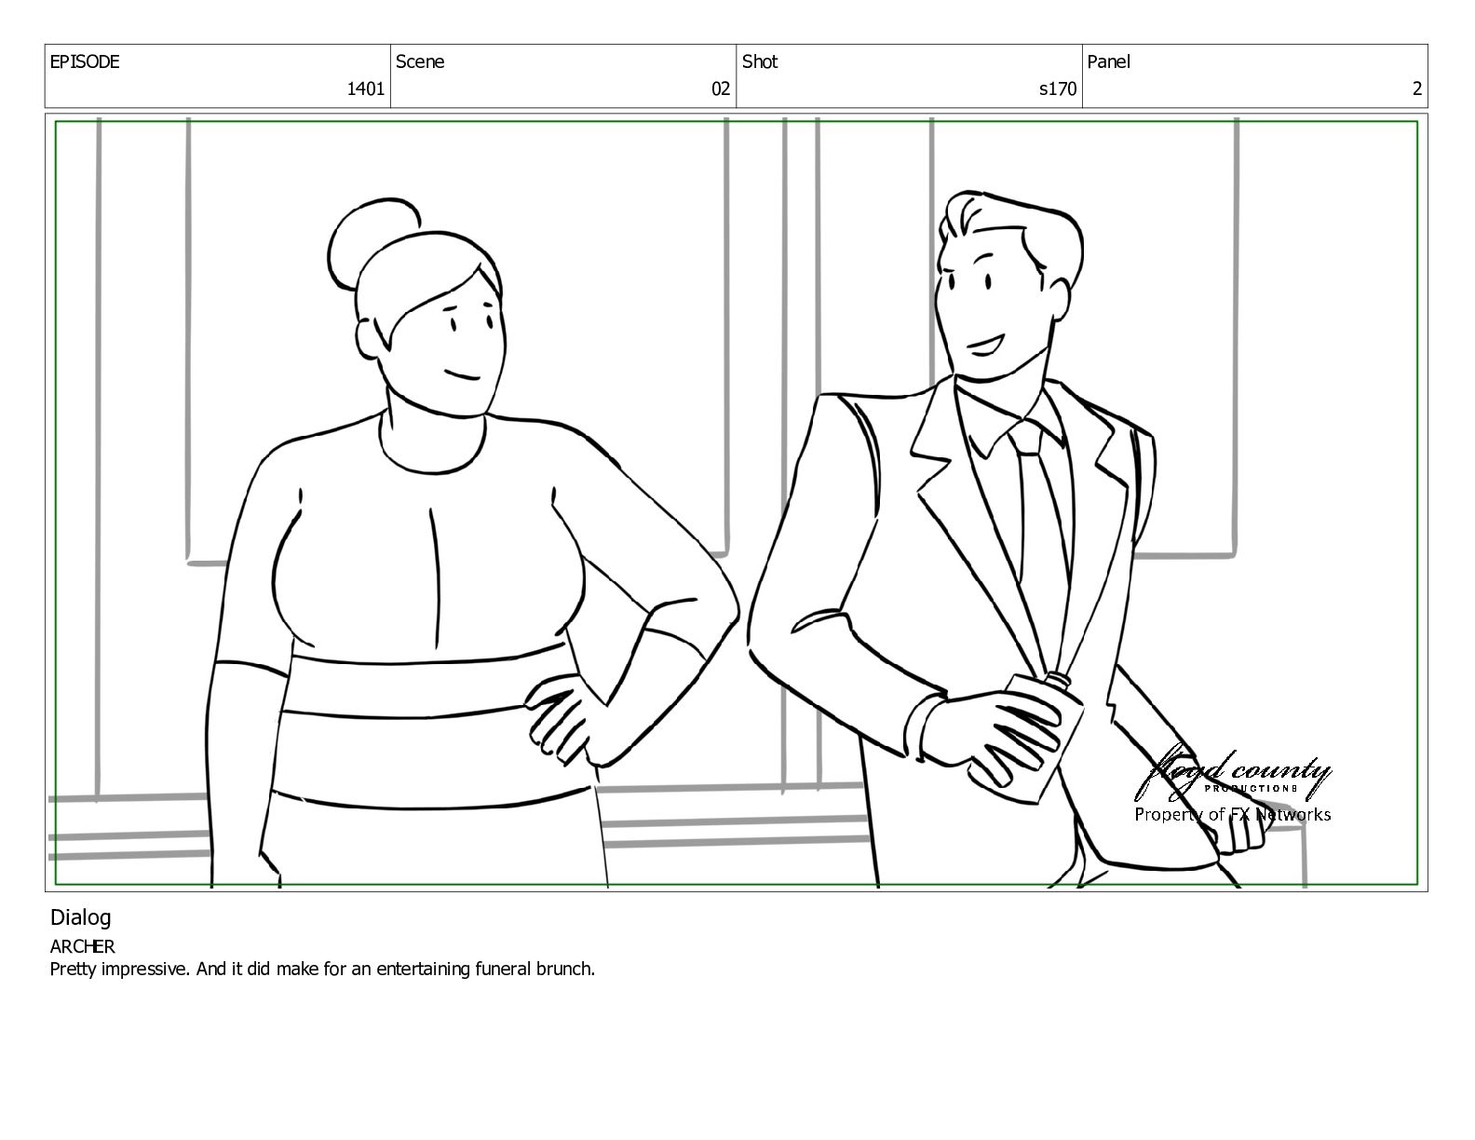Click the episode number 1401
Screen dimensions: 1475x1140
(x=365, y=88)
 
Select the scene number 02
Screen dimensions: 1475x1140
(x=720, y=88)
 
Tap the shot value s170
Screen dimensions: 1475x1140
(x=1058, y=88)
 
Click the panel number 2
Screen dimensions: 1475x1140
(x=1416, y=88)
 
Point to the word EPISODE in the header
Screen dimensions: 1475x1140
(x=85, y=61)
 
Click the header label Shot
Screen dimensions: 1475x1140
(x=760, y=61)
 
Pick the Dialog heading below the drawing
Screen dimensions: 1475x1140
(x=80, y=918)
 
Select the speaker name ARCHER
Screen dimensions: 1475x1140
(x=82, y=946)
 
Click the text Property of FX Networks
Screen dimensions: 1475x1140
(x=1232, y=815)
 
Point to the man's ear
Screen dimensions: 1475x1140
(x=1058, y=299)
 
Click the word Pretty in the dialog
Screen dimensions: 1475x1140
(x=74, y=970)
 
